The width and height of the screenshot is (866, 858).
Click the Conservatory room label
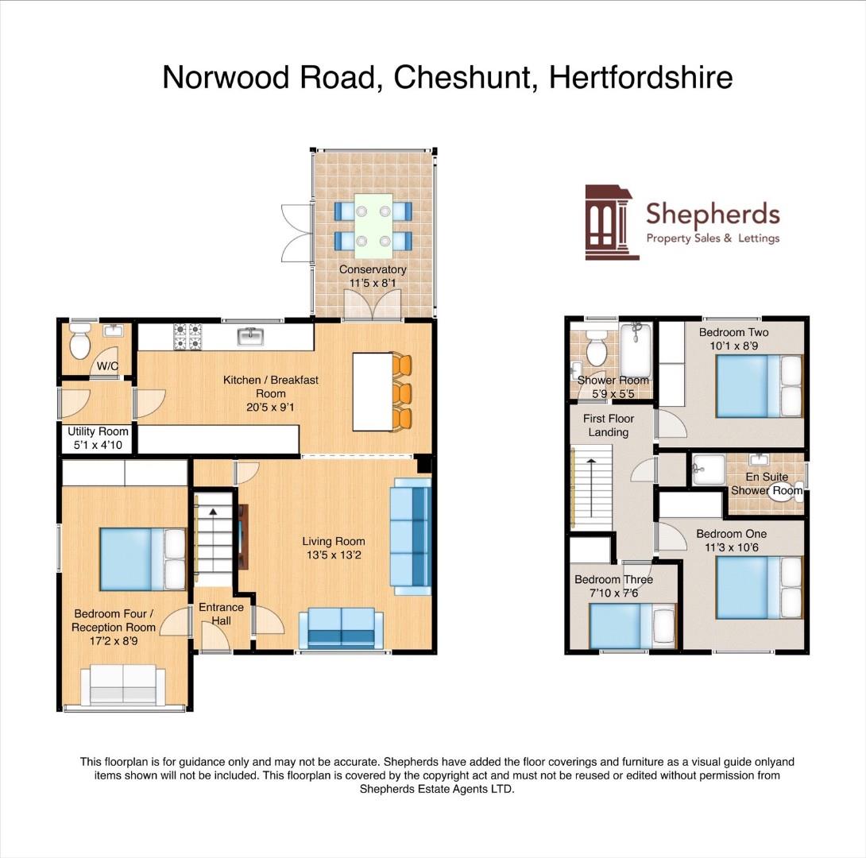point(373,269)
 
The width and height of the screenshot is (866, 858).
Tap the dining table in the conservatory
point(373,224)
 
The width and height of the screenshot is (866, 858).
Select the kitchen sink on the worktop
point(252,337)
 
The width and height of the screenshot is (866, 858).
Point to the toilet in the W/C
point(79,343)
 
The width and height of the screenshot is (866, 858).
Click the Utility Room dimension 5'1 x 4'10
point(98,445)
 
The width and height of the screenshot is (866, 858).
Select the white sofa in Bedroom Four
point(124,686)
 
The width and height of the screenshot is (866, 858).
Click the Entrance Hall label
point(221,613)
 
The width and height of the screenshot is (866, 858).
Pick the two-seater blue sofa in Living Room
point(341,628)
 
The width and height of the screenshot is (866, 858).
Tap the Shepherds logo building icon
point(610,222)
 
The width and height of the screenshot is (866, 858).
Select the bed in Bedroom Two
point(759,386)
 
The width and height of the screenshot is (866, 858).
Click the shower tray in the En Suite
point(707,469)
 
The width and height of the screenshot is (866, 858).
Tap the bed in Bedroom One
point(759,586)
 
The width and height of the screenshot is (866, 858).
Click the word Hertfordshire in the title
point(640,78)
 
